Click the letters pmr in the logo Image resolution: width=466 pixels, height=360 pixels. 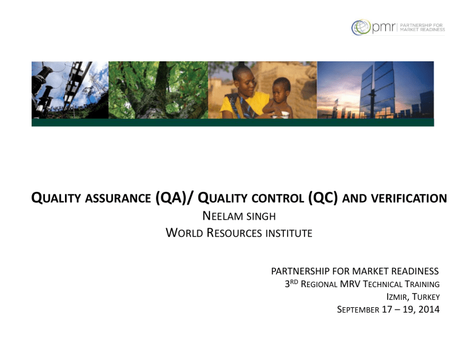click(x=383, y=28)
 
